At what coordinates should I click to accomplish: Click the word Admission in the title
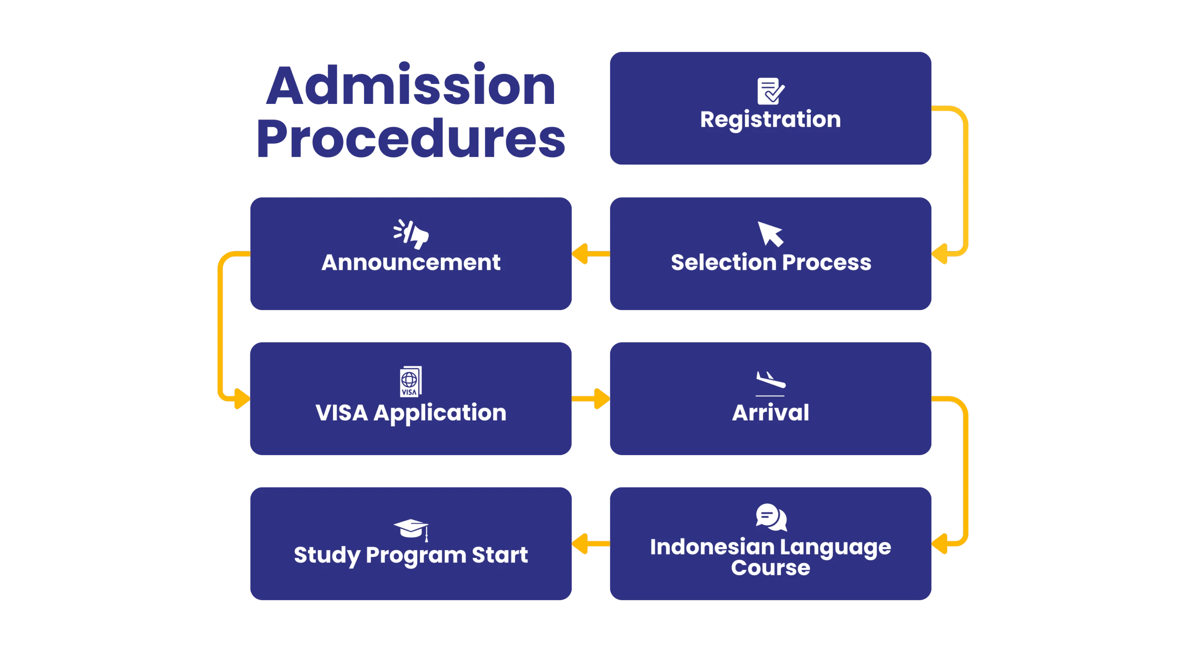pos(411,86)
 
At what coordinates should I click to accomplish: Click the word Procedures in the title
pos(411,138)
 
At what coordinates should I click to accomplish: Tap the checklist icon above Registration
pos(770,91)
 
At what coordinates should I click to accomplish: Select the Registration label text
pos(770,120)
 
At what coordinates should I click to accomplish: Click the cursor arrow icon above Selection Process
pos(770,234)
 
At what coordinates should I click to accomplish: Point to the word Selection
pos(724,262)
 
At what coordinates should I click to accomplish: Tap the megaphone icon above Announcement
pos(411,234)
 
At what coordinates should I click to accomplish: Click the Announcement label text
pos(411,262)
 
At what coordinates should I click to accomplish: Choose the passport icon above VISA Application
pos(410,381)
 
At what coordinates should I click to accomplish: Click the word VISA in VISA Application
pos(342,413)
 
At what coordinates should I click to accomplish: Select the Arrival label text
pos(770,413)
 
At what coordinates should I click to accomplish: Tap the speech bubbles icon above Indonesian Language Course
pos(771,517)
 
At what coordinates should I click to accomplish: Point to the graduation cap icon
pos(411,529)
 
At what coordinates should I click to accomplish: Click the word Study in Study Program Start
pos(327,555)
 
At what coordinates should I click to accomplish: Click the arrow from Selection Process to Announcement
pos(590,254)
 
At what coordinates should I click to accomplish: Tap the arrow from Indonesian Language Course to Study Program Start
pos(590,544)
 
